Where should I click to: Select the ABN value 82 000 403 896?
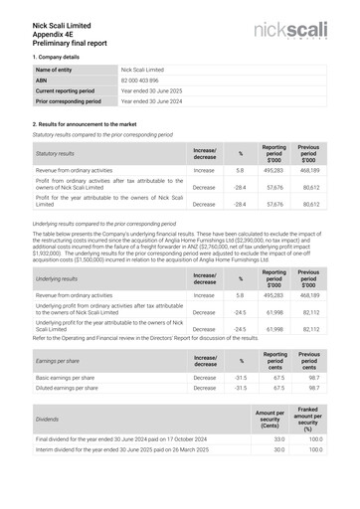pos(142,81)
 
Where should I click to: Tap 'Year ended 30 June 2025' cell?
pos(151,90)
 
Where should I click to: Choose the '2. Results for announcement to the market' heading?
pos(98,123)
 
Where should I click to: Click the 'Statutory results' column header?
pos(55,154)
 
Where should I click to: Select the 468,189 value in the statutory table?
pos(308,170)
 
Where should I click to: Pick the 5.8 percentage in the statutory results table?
pos(240,170)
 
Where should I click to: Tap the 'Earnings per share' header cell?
pos(58,360)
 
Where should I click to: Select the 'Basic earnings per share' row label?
pos(67,378)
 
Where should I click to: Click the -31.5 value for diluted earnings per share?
pos(239,389)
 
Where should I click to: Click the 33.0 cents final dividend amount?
pos(278,438)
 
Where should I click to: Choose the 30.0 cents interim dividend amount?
pos(278,449)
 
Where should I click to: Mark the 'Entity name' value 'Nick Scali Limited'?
pos(142,70)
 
